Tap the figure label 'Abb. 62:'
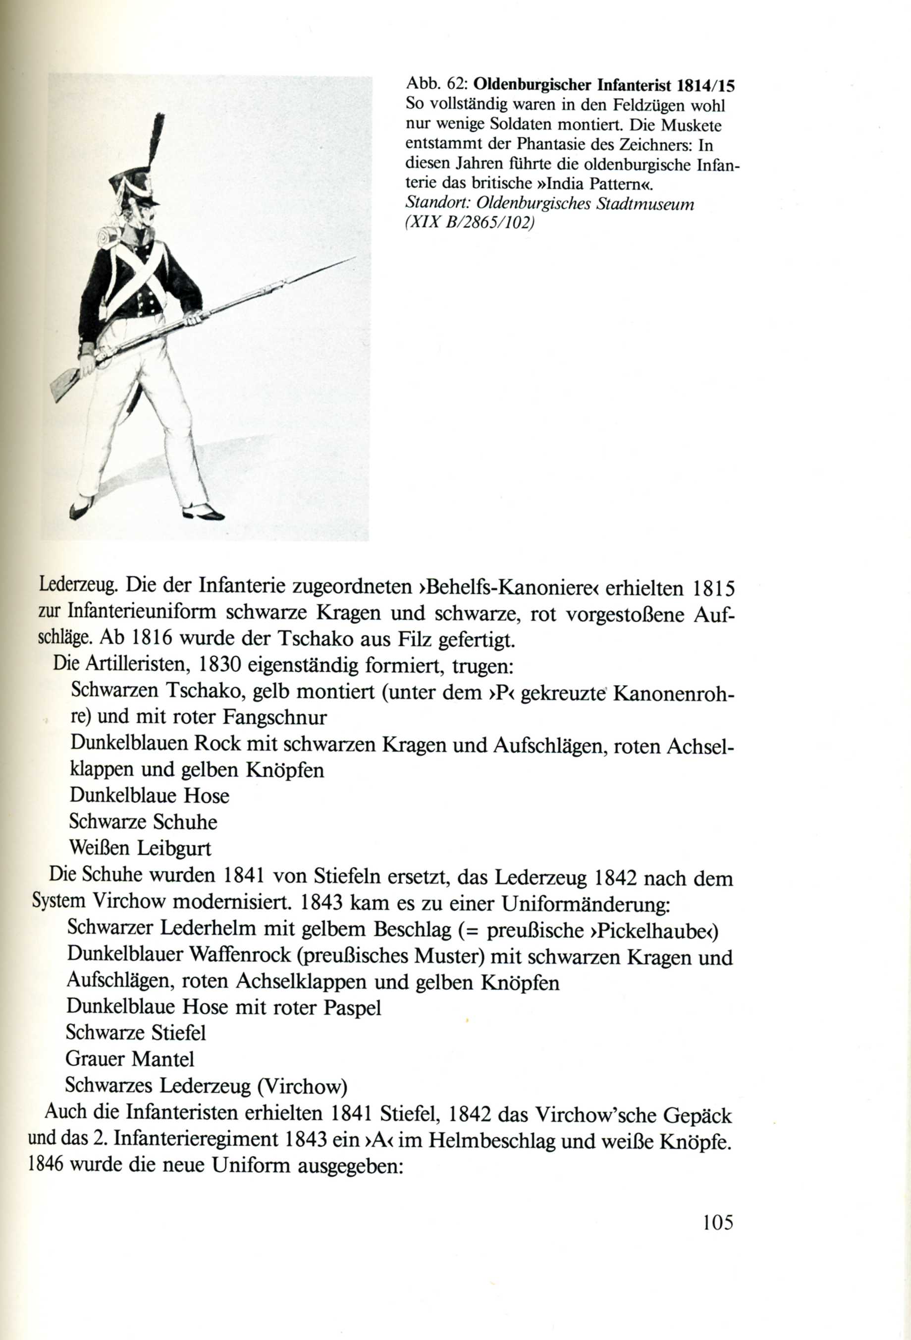(x=438, y=85)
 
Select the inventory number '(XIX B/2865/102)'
(x=470, y=223)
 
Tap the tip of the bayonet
(x=353, y=259)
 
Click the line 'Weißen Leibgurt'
(x=140, y=848)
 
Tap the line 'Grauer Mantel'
(x=130, y=1058)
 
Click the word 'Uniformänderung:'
(x=586, y=904)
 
